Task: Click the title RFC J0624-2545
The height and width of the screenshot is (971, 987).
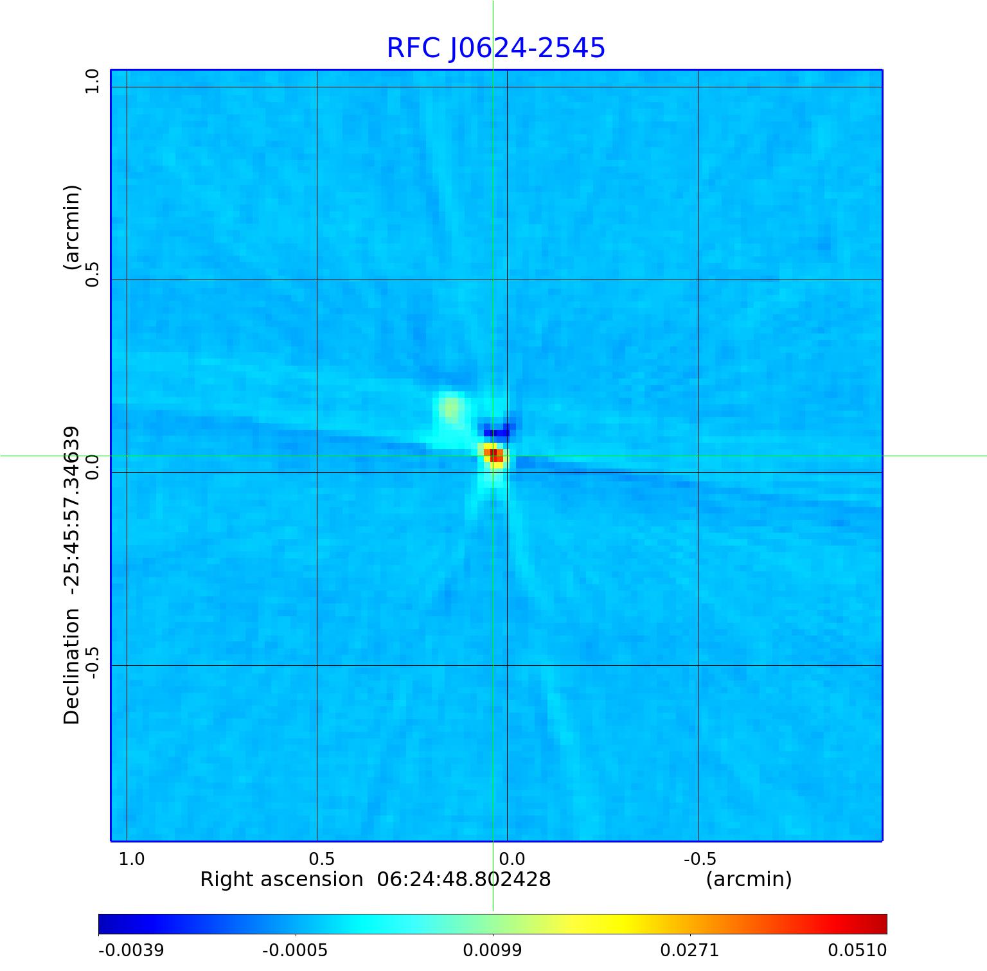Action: click(495, 48)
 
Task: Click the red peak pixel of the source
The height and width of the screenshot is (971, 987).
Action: click(493, 455)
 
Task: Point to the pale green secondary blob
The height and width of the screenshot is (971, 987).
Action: click(452, 407)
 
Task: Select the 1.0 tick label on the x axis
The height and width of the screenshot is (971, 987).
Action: click(132, 859)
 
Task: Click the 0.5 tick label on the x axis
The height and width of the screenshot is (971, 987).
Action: click(321, 859)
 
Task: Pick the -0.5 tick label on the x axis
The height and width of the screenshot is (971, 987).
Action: click(700, 859)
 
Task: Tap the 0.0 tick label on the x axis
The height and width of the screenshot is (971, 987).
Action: click(512, 859)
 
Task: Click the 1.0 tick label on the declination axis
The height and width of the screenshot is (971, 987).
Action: click(93, 82)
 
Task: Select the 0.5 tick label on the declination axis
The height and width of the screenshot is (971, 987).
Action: click(93, 274)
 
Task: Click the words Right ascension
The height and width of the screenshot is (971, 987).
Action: click(281, 879)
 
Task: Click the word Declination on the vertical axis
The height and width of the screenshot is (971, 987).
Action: click(72, 666)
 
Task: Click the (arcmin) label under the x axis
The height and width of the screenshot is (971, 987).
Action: click(749, 879)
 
